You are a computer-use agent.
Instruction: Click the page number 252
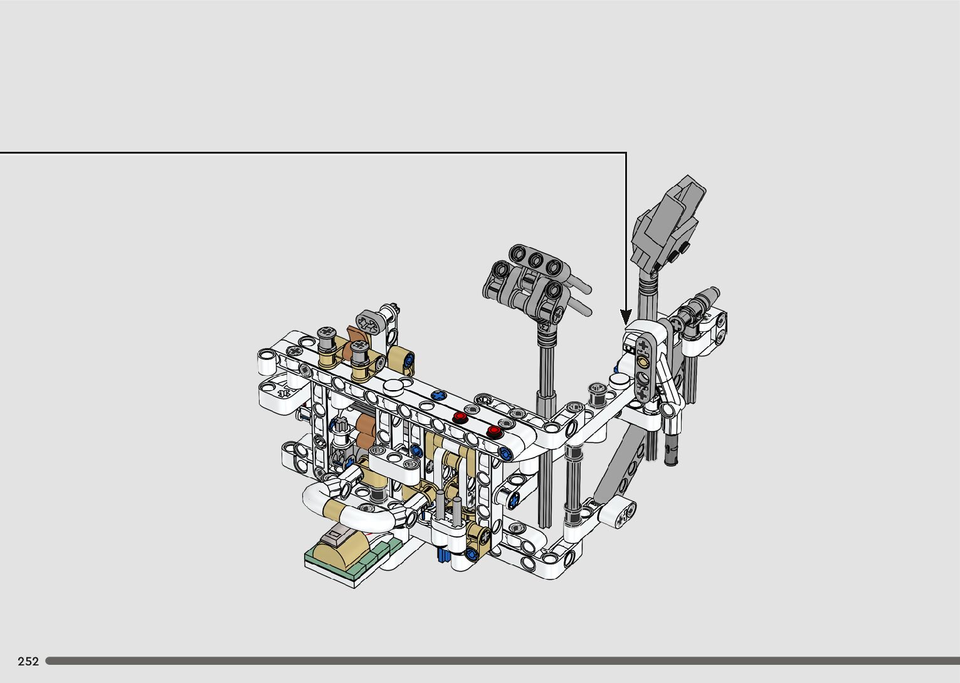28,661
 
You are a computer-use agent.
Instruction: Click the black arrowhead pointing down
626,317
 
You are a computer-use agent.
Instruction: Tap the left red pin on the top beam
460,417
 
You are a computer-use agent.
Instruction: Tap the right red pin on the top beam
493,431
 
